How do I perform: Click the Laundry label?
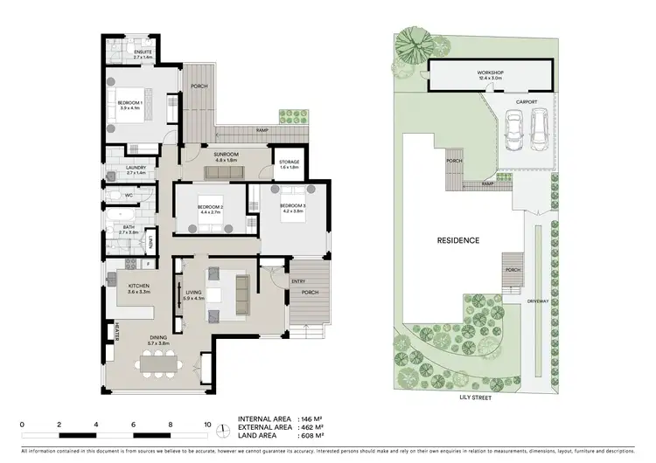pos(123,169)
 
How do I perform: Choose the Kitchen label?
pos(139,287)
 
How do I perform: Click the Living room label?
pos(194,295)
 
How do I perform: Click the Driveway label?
pos(538,301)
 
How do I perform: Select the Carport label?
pos(527,102)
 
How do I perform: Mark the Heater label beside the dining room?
pos(116,332)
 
